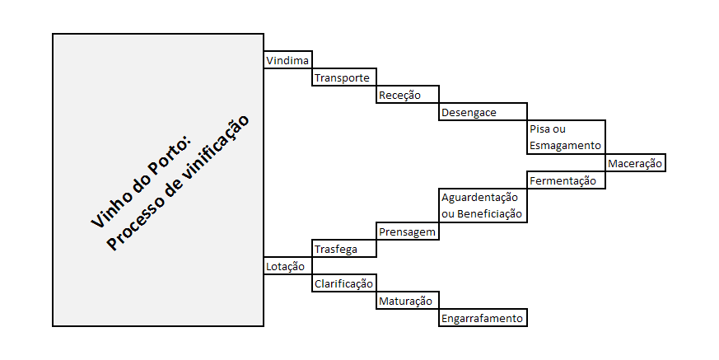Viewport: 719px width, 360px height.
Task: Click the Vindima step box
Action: pyautogui.click(x=288, y=59)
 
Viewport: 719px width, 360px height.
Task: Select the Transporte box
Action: pyautogui.click(x=344, y=77)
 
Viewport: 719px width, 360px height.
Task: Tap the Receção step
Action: pyautogui.click(x=408, y=95)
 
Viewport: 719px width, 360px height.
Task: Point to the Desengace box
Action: pyautogui.click(x=483, y=112)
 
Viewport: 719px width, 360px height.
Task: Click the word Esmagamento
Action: pyautogui.click(x=565, y=145)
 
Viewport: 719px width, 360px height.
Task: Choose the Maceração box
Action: pyautogui.click(x=635, y=163)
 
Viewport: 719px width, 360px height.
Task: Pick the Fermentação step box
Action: pyautogui.click(x=566, y=180)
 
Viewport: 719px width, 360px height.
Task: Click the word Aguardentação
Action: pyautogui.click(x=479, y=198)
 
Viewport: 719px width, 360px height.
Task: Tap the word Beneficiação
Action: pyautogui.click(x=489, y=213)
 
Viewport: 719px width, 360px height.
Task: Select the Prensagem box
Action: pyautogui.click(x=408, y=231)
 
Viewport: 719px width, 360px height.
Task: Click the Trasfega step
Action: pyautogui.click(x=344, y=249)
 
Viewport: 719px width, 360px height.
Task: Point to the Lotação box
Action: pyautogui.click(x=288, y=266)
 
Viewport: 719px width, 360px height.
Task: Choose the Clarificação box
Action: pyautogui.click(x=344, y=283)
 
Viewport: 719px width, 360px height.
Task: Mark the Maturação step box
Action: pyautogui.click(x=408, y=301)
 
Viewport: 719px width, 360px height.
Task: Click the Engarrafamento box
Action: pyautogui.click(x=483, y=318)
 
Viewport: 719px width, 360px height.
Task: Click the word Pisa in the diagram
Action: pyautogui.click(x=539, y=129)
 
